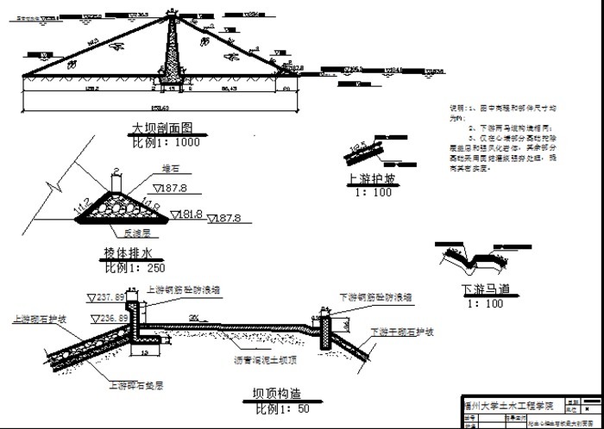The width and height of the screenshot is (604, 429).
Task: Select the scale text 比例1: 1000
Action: pyautogui.click(x=165, y=142)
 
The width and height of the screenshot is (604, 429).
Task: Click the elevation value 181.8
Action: pyautogui.click(x=187, y=214)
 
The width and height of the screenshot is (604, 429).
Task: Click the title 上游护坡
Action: pyautogui.click(x=371, y=180)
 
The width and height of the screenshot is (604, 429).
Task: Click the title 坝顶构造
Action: pyautogui.click(x=276, y=395)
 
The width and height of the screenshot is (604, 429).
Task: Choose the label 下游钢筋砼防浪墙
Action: pyautogui.click(x=375, y=297)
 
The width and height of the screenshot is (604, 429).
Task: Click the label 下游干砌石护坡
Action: pyautogui.click(x=401, y=332)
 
